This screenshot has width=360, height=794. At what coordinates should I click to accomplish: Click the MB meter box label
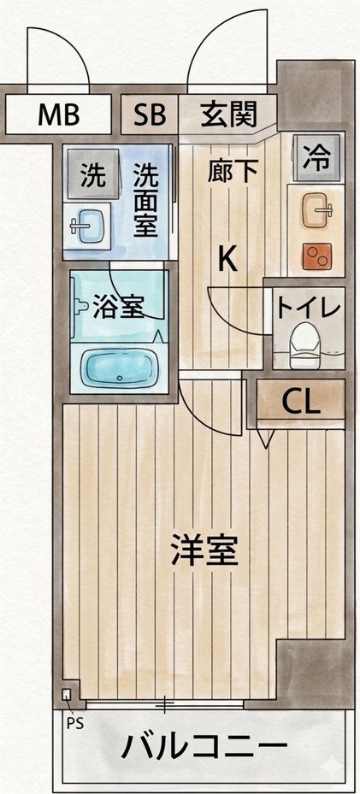58,113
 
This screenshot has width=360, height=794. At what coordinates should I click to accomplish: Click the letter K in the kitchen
227,257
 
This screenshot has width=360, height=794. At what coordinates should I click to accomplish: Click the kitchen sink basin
320,209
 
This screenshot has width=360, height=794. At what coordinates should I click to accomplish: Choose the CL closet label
301,403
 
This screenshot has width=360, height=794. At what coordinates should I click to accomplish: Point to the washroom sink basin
90,227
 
